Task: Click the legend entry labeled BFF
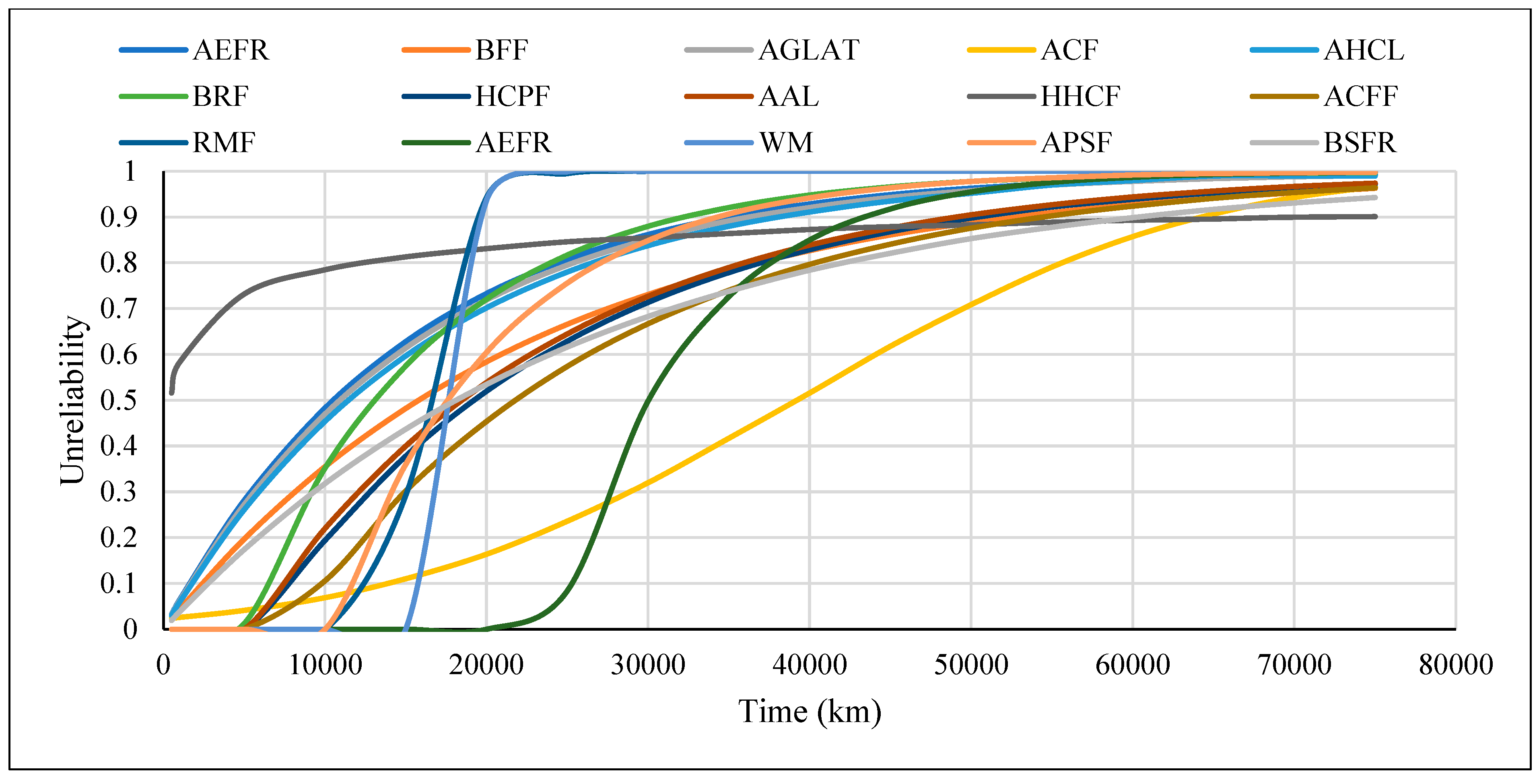pyautogui.click(x=501, y=50)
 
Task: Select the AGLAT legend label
pyautogui.click(x=808, y=50)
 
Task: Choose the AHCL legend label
pyautogui.click(x=1363, y=50)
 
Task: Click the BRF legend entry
pyautogui.click(x=220, y=96)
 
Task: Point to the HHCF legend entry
pyautogui.click(x=1080, y=96)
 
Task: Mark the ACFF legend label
pyautogui.click(x=1360, y=96)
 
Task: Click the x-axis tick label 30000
pyautogui.click(x=648, y=665)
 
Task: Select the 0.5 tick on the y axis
pyautogui.click(x=118, y=400)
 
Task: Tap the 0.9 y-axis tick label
pyautogui.click(x=118, y=217)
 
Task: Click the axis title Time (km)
pyautogui.click(x=810, y=712)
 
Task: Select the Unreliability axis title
pyautogui.click(x=73, y=400)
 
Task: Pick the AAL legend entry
pyautogui.click(x=788, y=96)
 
